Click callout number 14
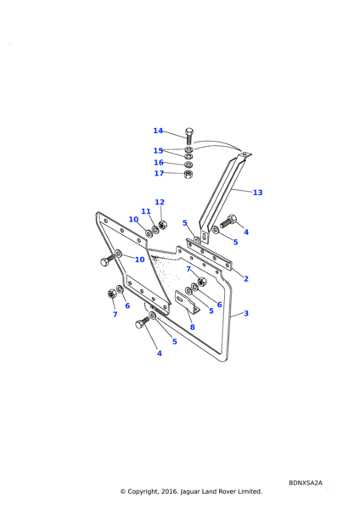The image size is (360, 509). coord(158,131)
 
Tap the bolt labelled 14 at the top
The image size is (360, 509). coord(189,137)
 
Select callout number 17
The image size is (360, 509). coord(159,173)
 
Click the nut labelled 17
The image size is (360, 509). coord(188,174)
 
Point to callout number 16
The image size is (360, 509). coord(159,162)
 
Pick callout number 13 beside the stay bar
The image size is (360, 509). coord(257,193)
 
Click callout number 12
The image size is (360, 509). coord(160,202)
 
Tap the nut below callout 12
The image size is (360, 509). coord(162,224)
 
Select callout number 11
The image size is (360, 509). coord(146,211)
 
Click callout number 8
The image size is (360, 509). coord(193,327)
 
